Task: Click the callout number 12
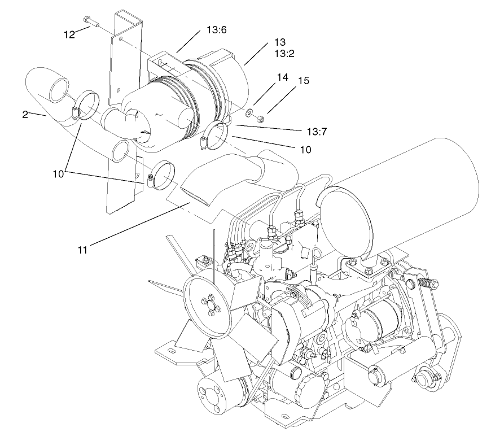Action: [x=69, y=34]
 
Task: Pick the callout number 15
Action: [x=304, y=81]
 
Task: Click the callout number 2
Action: [x=25, y=115]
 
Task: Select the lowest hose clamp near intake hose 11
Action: [x=160, y=175]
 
